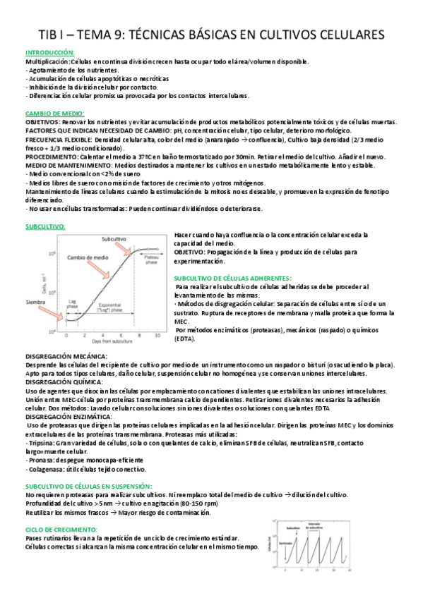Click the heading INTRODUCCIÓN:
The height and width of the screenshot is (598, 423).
click(x=50, y=53)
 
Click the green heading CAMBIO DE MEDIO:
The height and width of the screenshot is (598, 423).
click(x=55, y=113)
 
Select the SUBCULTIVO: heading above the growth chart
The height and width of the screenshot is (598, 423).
click(x=45, y=226)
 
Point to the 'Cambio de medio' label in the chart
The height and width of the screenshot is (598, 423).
click(x=90, y=257)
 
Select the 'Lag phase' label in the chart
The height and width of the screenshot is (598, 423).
click(x=74, y=305)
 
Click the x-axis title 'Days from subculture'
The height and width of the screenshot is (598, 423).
click(x=107, y=342)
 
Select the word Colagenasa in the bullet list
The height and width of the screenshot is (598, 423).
click(x=45, y=468)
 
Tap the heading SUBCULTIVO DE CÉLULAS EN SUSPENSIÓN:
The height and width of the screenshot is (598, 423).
click(x=88, y=486)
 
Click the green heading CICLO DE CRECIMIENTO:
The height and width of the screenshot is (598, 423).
click(x=61, y=529)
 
